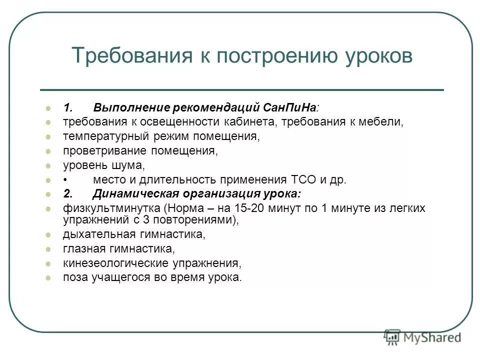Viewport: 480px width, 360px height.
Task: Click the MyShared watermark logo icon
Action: (392, 337)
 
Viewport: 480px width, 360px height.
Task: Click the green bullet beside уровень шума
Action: (48, 165)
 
